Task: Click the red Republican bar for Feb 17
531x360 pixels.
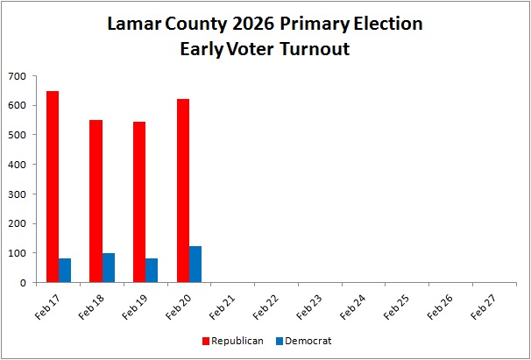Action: click(53, 187)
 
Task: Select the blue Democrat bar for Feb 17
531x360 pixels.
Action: click(65, 271)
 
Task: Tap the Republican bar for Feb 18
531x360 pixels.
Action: click(96, 201)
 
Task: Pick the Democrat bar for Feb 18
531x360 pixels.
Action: click(109, 267)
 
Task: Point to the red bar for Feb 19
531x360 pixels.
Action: click(139, 201)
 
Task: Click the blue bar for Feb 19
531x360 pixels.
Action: click(152, 271)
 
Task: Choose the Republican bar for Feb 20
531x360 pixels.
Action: click(183, 191)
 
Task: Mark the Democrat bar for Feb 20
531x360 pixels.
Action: click(195, 265)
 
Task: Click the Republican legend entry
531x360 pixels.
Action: click(233, 341)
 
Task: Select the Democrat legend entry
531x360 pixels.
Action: click(304, 341)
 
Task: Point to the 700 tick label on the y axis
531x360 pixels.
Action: click(17, 76)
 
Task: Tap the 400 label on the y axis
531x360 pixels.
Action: click(17, 165)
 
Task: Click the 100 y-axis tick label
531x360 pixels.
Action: click(17, 253)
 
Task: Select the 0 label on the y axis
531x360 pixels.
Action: click(23, 283)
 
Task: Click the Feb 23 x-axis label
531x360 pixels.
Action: click(308, 307)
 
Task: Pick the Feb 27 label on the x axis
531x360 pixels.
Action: click(483, 307)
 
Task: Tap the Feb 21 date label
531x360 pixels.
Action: click(221, 307)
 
